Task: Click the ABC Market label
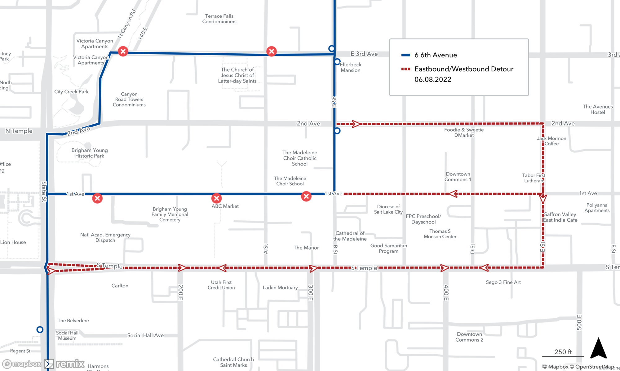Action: point(225,206)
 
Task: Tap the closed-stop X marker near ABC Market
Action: point(216,198)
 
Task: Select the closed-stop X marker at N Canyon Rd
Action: point(123,51)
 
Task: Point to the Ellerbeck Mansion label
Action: point(350,67)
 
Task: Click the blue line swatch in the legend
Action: point(405,55)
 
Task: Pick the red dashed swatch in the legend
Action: point(405,69)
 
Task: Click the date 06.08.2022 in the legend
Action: point(433,79)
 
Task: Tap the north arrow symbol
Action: point(598,348)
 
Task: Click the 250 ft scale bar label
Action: point(563,352)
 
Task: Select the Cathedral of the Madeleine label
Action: point(350,236)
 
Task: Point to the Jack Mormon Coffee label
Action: point(551,141)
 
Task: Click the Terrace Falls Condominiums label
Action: point(219,19)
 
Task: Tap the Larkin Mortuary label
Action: point(280,288)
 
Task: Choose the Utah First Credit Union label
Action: point(221,285)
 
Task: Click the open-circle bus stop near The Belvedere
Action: point(40,329)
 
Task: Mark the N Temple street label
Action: point(19,131)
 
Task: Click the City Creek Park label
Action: point(71,92)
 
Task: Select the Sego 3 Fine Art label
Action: point(503,282)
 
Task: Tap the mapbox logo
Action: point(22,364)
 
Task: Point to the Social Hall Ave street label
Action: point(145,335)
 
